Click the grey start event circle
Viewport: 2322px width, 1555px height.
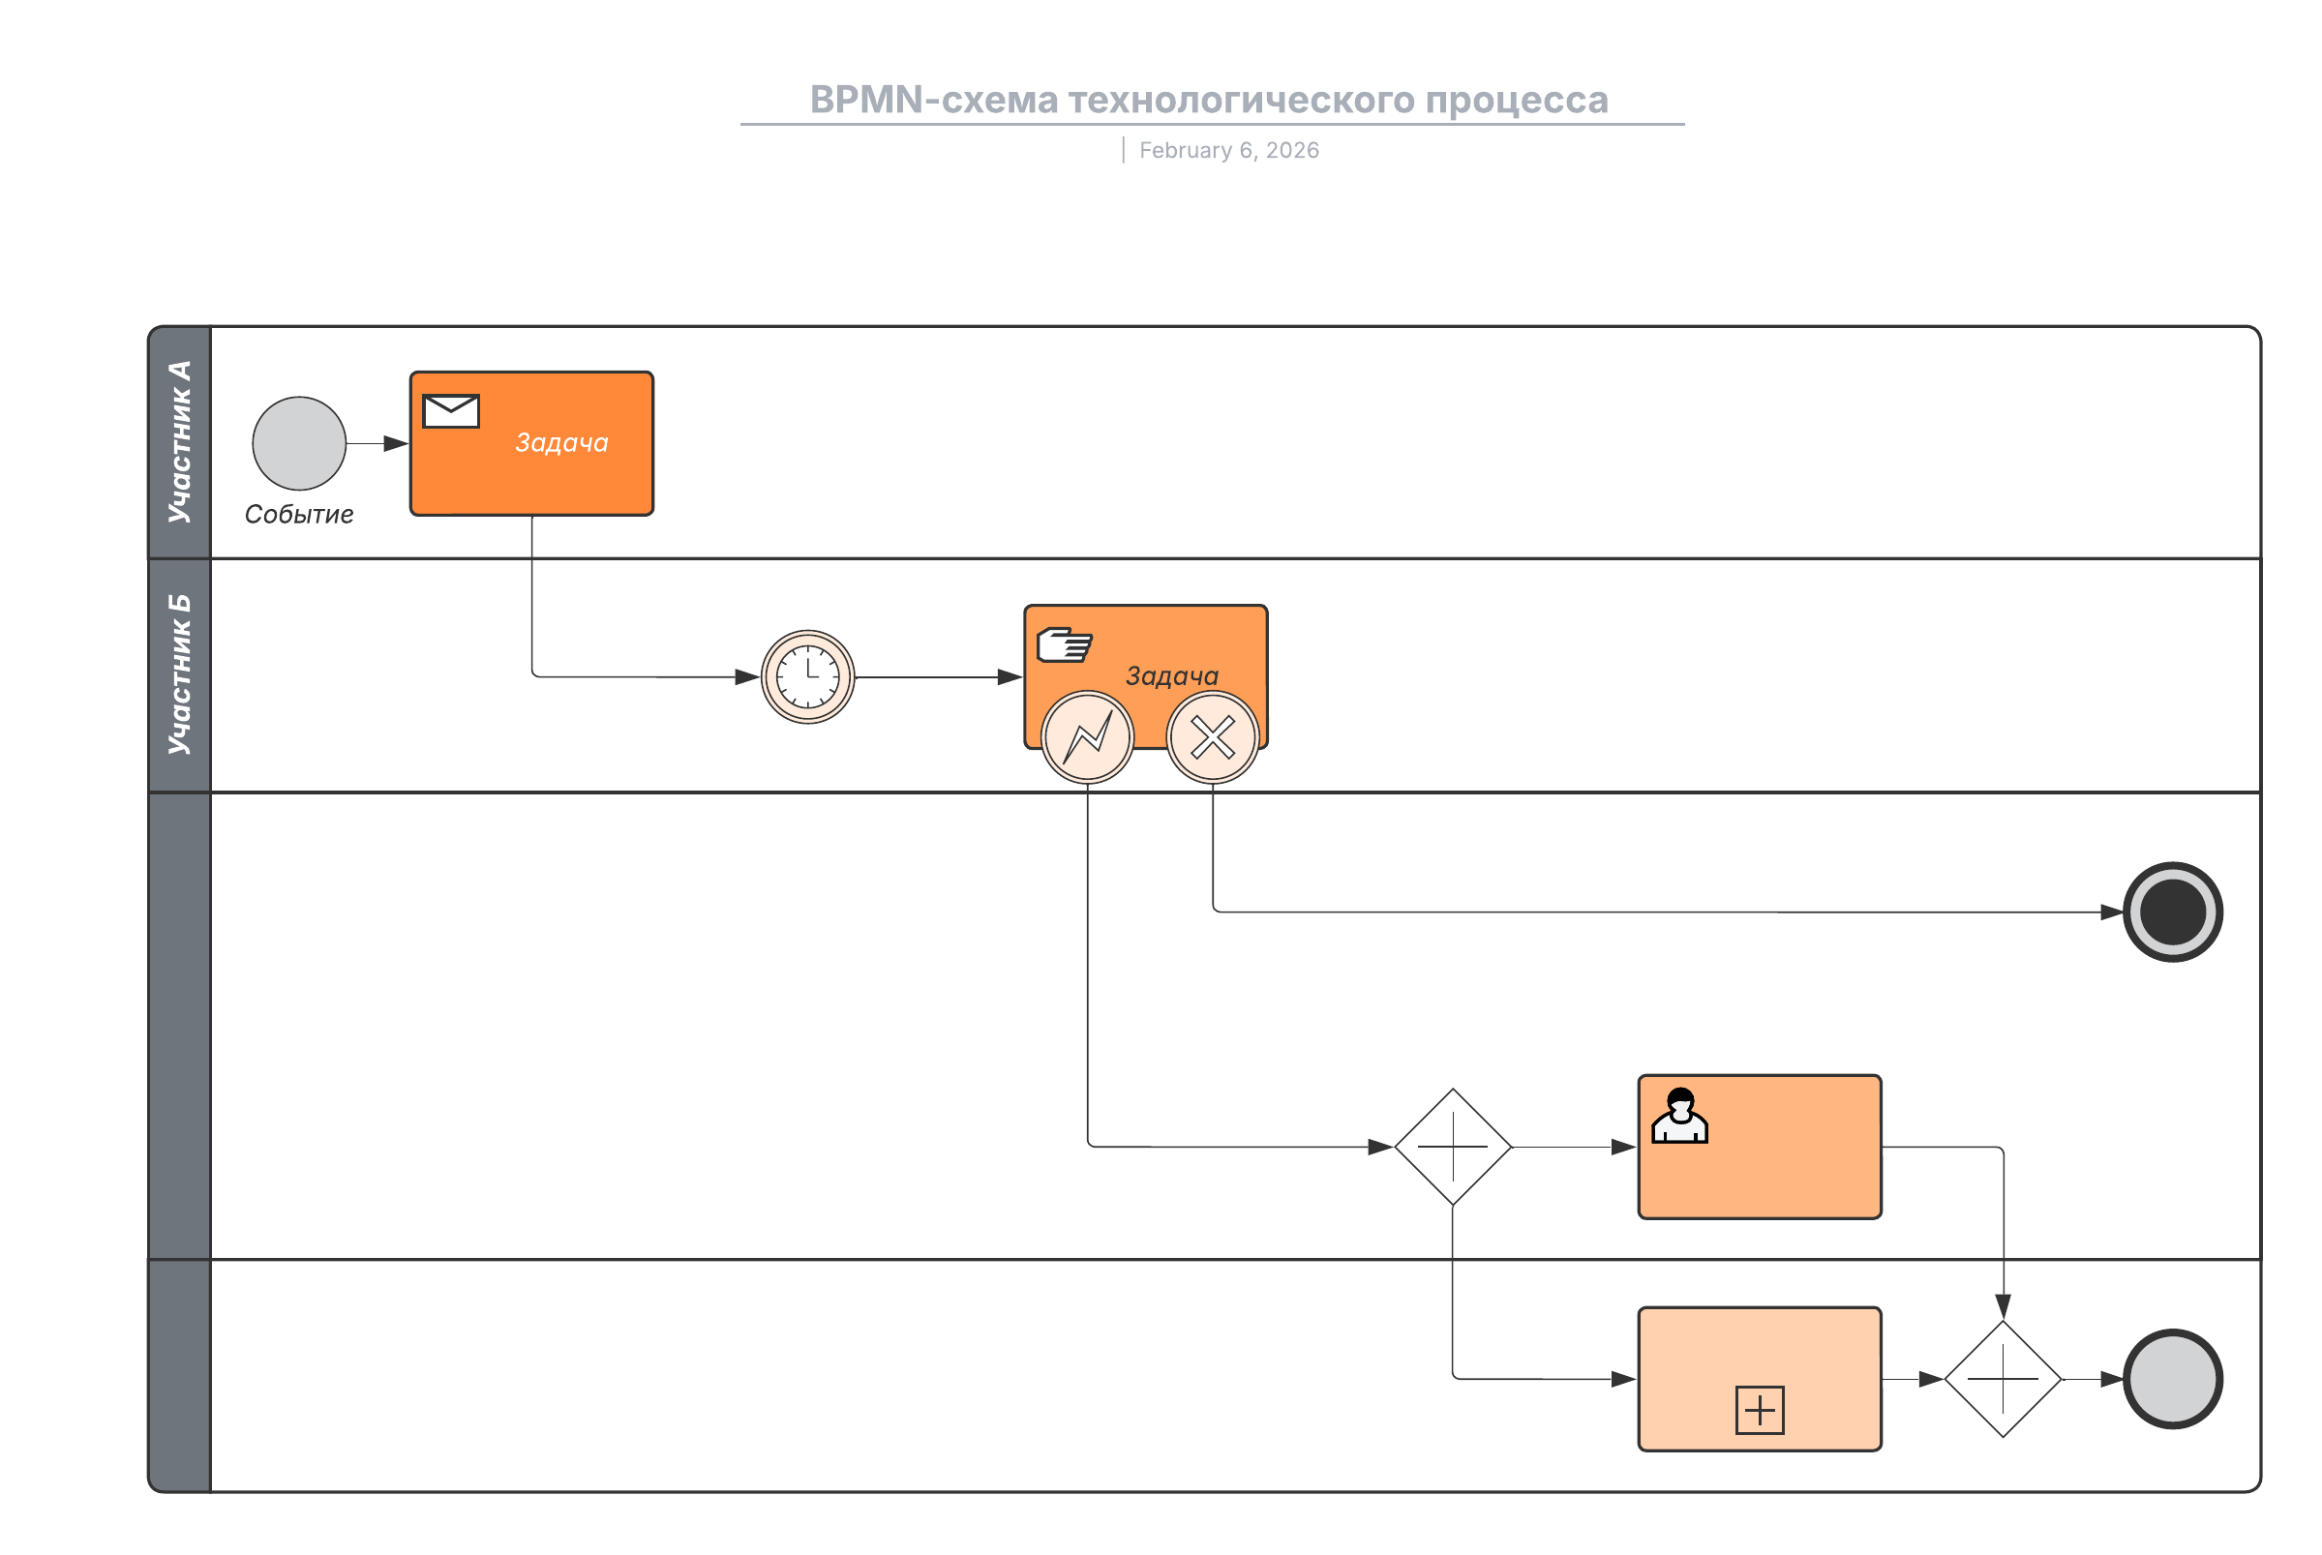click(x=298, y=443)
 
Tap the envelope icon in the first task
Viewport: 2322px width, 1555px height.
click(x=450, y=410)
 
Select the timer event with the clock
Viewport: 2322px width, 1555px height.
click(x=807, y=677)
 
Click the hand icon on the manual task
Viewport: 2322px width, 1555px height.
click(x=1064, y=644)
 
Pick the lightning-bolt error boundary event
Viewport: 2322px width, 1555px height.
click(x=1087, y=738)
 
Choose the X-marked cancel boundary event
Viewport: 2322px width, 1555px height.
click(x=1212, y=738)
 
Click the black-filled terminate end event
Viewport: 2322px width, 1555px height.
click(x=2171, y=912)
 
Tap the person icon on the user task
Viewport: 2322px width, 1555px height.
click(x=1678, y=1117)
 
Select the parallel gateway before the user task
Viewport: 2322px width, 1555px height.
click(x=1452, y=1147)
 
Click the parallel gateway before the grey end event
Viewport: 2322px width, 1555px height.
click(x=2002, y=1379)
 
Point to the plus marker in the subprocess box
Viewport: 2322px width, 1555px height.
click(x=1759, y=1409)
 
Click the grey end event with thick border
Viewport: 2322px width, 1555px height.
click(x=2171, y=1379)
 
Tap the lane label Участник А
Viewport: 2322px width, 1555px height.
click(x=179, y=442)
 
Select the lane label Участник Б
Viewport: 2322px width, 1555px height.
click(x=179, y=674)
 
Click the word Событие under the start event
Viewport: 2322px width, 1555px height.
click(x=298, y=515)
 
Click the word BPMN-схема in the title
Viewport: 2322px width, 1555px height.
click(x=933, y=101)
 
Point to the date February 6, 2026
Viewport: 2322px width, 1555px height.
click(x=1228, y=151)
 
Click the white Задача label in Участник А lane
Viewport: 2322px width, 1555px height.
click(x=561, y=443)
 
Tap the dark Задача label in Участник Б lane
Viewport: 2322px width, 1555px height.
click(x=1171, y=676)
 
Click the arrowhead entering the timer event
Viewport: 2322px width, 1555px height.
click(x=747, y=677)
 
